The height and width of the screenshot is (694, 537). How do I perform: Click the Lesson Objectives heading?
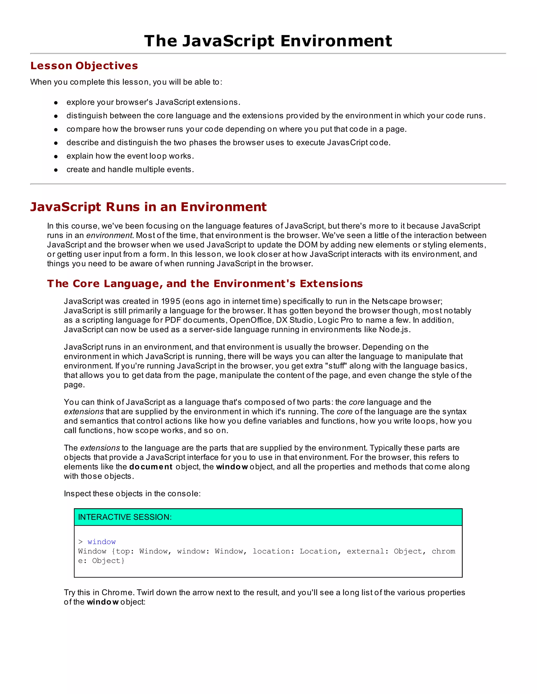(84, 65)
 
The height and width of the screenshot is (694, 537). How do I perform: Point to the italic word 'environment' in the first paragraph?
(109, 235)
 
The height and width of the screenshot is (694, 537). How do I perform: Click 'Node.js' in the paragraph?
(394, 329)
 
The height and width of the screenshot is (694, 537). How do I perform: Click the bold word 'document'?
(151, 467)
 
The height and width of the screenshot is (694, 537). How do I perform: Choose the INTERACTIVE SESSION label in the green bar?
(125, 517)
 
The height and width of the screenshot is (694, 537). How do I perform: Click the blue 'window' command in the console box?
(101, 542)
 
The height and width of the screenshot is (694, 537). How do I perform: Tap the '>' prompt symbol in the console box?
(80, 542)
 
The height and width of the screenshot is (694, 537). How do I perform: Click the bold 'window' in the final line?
(103, 602)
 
